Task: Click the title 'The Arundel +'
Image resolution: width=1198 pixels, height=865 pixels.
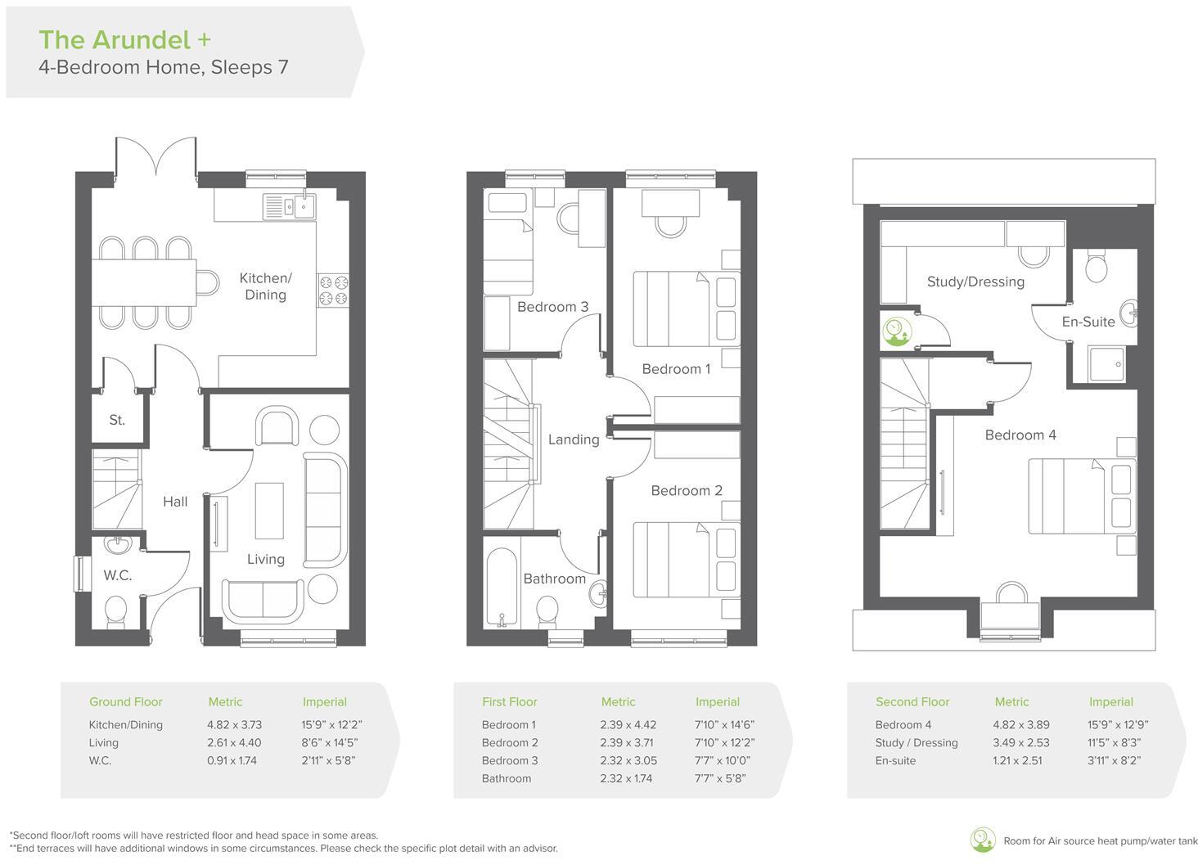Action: coord(125,39)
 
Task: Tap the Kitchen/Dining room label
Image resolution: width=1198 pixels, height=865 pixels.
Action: coord(265,286)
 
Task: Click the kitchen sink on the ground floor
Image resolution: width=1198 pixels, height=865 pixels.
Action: coord(289,205)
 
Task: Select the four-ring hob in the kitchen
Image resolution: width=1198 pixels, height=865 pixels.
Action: coord(334,291)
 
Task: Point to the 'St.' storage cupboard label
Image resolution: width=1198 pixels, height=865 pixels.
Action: coord(117,420)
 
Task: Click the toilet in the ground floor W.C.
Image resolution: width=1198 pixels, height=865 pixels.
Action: coord(116,610)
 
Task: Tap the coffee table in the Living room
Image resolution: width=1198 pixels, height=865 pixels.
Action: coord(269,511)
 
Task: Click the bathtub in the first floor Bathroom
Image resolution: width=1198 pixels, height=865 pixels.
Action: coord(501,587)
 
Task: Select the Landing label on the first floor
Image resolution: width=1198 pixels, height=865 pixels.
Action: coord(573,439)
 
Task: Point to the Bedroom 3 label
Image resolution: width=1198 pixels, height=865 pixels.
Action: coord(552,307)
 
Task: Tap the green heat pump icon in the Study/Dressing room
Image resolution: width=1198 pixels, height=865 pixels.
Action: coord(897,330)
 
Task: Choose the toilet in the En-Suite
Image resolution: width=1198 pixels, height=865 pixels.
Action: coord(1095,266)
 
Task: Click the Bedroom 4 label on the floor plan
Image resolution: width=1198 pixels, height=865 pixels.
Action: coord(1020,435)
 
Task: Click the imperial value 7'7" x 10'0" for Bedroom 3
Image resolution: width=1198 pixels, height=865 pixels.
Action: coord(723,761)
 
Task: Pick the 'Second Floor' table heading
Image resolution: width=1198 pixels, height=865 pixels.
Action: coord(912,702)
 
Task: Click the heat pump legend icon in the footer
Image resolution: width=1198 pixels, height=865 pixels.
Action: coord(982,840)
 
